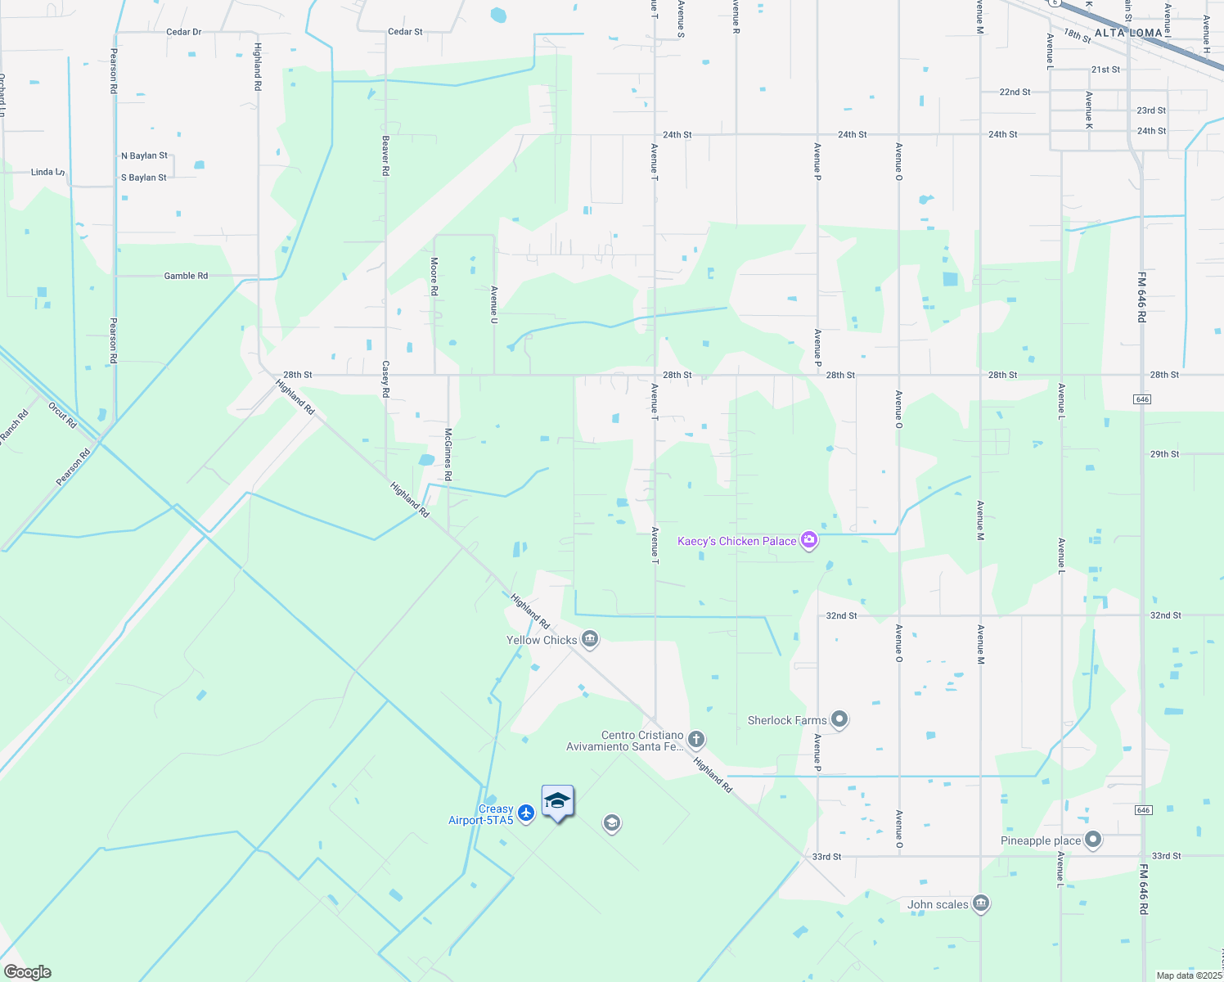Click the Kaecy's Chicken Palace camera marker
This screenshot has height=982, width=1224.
[809, 540]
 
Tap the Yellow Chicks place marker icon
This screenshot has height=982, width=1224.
[590, 640]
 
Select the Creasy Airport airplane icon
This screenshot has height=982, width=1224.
[525, 813]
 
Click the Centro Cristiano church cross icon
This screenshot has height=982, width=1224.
[696, 741]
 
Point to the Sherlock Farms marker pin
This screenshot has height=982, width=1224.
[839, 720]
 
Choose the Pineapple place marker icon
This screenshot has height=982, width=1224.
[1093, 840]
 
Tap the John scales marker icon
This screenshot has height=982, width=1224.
[981, 904]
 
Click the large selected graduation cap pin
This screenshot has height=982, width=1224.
[557, 801]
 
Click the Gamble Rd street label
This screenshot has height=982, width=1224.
[186, 276]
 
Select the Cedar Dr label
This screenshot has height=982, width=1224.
[183, 32]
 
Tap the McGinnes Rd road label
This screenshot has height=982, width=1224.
[448, 453]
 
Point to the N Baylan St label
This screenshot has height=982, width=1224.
[144, 155]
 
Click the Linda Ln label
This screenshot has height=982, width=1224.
[47, 173]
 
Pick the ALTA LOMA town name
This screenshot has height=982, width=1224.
[1128, 33]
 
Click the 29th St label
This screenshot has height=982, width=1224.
[1164, 454]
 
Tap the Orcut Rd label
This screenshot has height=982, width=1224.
[62, 416]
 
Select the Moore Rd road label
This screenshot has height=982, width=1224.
[434, 276]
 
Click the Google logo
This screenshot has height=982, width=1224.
[27, 972]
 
